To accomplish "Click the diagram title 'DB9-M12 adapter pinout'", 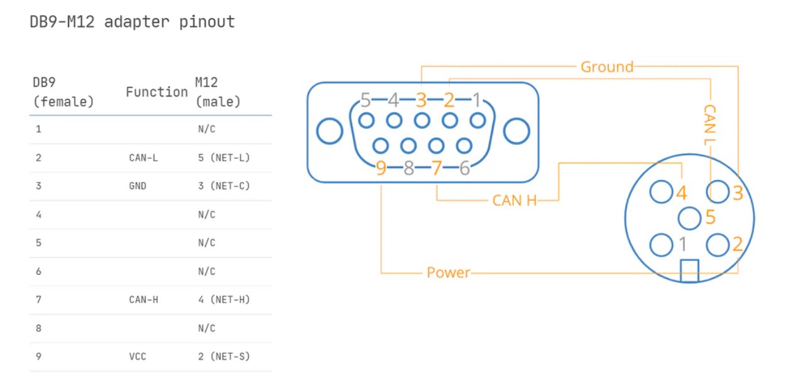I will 132,22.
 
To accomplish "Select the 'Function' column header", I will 156,92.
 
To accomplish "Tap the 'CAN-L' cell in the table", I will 143,157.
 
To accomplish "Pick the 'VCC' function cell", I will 138,356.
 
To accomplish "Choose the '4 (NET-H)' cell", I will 223,299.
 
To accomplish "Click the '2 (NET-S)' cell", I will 223,356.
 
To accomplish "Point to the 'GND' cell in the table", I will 138,186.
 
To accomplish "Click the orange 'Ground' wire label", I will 606,67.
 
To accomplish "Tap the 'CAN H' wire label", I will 515,201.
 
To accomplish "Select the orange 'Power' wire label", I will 448,273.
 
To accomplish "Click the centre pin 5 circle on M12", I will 689,218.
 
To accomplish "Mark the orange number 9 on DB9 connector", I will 381,168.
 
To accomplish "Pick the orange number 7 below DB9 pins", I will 437,168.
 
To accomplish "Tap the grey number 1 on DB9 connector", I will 477,100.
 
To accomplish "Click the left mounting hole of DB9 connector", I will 330,132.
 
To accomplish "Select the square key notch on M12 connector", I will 689,270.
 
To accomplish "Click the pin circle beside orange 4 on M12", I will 661,192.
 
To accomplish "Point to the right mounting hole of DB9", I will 516,132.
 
